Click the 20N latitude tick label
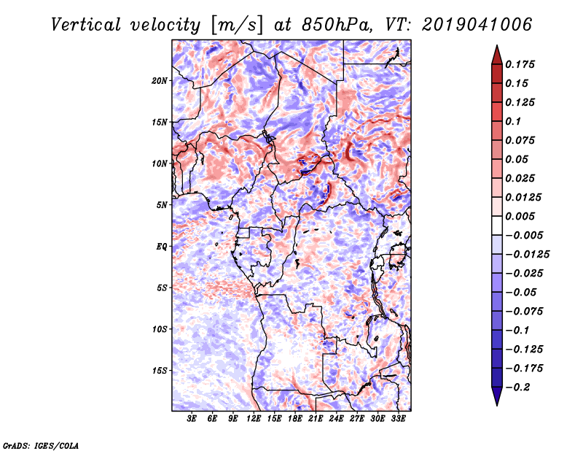click(x=160, y=81)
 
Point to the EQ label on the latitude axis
click(x=162, y=247)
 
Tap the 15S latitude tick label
click(x=160, y=371)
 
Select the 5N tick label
click(x=162, y=205)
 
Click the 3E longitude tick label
click(x=192, y=419)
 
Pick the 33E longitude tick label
click(x=398, y=419)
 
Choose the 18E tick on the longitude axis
click(x=295, y=419)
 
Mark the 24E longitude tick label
click(x=336, y=419)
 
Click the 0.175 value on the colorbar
click(x=520, y=64)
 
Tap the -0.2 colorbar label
click(x=517, y=388)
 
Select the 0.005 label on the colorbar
click(x=520, y=216)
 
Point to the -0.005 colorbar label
click(x=524, y=236)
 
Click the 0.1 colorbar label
click(x=513, y=121)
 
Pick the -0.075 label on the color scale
click(x=524, y=312)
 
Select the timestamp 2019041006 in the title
click(x=477, y=25)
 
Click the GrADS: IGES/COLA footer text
click(x=41, y=446)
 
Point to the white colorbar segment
click(x=497, y=225)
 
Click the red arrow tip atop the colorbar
click(x=497, y=46)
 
